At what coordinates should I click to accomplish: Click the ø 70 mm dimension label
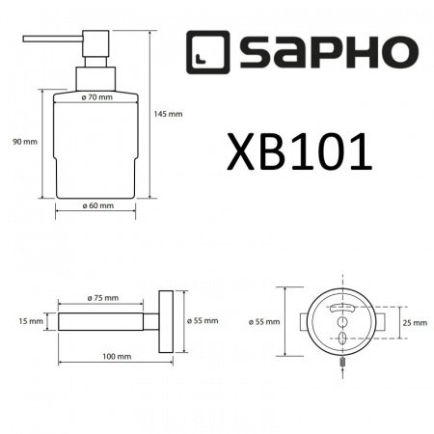click(x=98, y=98)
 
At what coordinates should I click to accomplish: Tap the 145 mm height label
click(x=168, y=114)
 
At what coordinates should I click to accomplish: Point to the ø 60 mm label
click(x=98, y=205)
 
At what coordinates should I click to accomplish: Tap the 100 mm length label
click(x=116, y=357)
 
